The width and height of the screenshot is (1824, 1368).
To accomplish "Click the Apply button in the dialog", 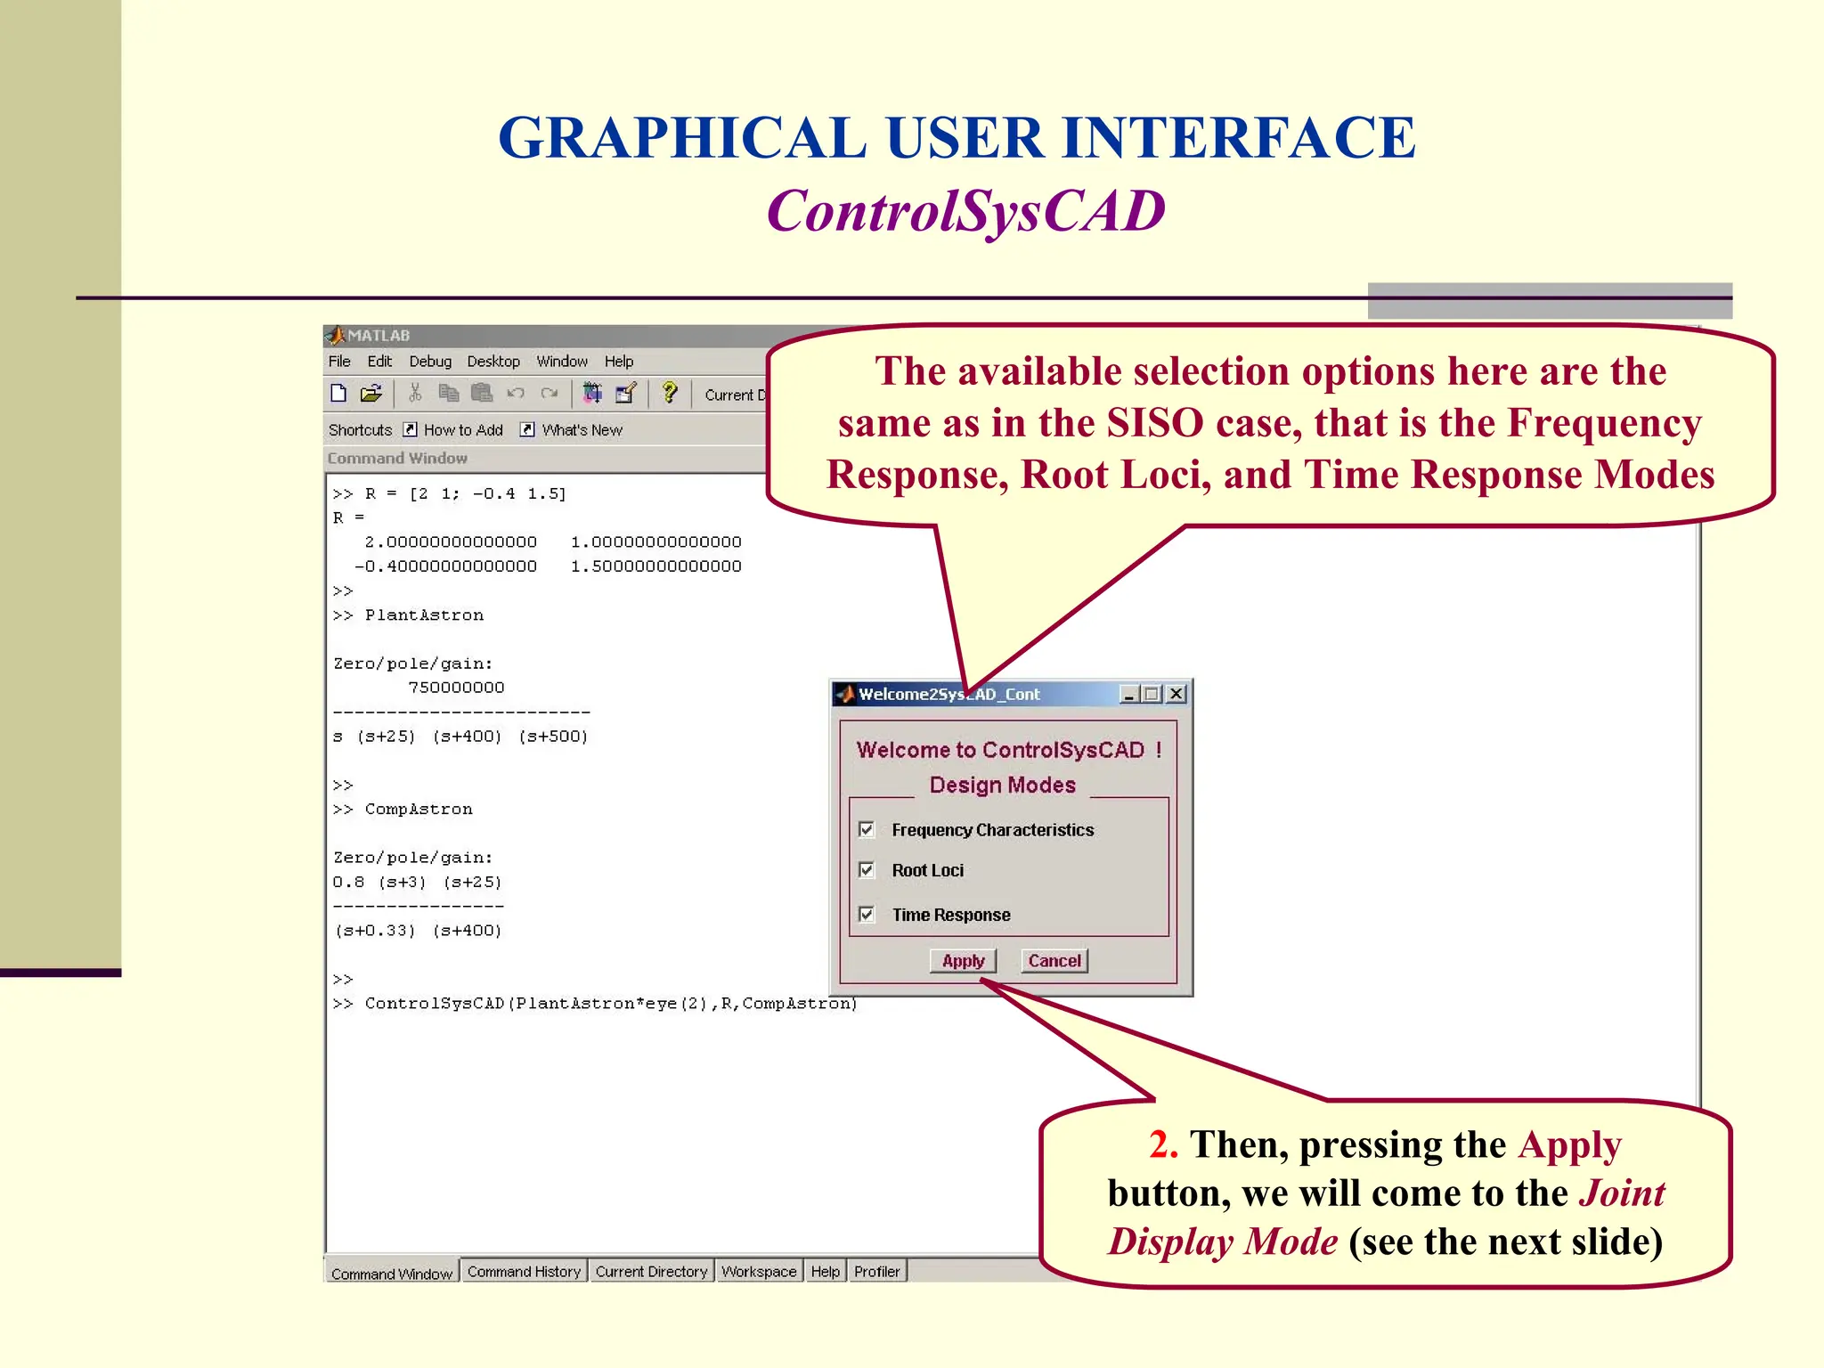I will (x=963, y=961).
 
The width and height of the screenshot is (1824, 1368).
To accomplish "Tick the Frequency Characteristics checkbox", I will (x=867, y=830).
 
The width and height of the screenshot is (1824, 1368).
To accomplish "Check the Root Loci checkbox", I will (x=867, y=870).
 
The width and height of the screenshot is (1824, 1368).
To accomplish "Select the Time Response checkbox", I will (x=867, y=915).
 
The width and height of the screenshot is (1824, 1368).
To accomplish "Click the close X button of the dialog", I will (x=1177, y=694).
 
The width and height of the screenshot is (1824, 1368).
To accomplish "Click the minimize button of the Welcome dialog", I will (x=1129, y=694).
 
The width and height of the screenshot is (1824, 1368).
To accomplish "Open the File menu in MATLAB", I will (x=339, y=362).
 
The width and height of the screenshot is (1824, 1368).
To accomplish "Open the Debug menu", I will (x=430, y=362).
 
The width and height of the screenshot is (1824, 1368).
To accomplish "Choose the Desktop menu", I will (x=493, y=362).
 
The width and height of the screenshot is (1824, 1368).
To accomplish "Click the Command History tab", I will (x=524, y=1272).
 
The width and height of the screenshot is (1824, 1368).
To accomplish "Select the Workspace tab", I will (x=759, y=1272).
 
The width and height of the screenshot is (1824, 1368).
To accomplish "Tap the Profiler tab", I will (x=876, y=1272).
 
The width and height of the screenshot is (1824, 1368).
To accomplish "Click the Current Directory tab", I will (x=651, y=1272).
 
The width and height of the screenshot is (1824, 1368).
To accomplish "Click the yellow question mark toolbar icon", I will (x=670, y=393).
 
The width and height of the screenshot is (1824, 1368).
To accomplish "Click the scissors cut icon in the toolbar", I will (x=415, y=393).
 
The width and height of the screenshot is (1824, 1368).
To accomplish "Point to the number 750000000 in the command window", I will (x=456, y=688).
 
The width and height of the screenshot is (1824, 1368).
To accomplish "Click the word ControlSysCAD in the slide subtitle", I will (x=965, y=212).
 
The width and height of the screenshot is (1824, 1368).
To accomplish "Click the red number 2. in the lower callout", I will (x=1163, y=1145).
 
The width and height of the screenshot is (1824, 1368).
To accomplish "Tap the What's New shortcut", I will (x=582, y=430).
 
